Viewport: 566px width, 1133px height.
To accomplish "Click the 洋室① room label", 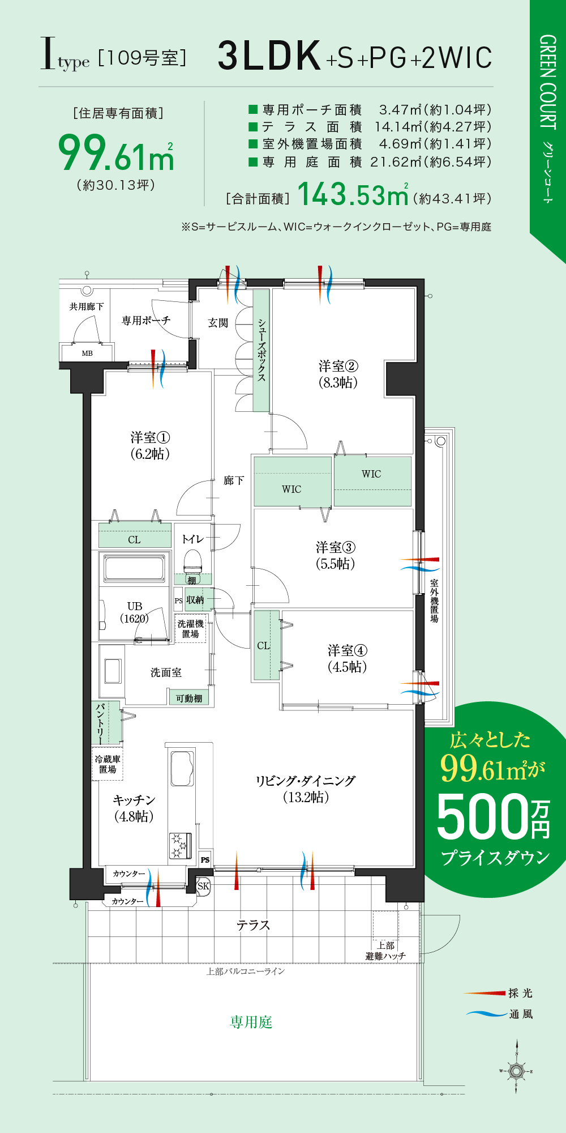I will (150, 445).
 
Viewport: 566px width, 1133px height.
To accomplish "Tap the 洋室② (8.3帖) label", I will (338, 374).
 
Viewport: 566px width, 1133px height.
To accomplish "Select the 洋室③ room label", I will (336, 555).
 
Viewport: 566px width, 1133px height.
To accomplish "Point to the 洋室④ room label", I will (347, 658).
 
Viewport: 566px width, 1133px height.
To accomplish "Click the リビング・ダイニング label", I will (306, 789).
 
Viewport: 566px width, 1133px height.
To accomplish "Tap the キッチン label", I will (134, 808).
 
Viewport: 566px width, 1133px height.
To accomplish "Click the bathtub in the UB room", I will (134, 568).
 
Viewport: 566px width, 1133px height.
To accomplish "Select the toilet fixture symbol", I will (192, 561).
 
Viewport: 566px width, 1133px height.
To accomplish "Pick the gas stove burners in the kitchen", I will (180, 845).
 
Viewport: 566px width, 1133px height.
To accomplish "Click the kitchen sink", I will (182, 768).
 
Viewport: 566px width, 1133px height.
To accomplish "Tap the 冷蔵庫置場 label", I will (108, 764).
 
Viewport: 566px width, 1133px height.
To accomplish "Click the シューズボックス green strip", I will (261, 350).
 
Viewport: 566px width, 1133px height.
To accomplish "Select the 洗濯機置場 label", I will (191, 628).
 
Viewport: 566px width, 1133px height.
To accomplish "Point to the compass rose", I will (516, 1071).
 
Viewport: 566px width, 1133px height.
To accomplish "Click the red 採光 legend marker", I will (485, 993).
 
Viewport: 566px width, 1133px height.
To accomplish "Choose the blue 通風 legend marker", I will (486, 1013).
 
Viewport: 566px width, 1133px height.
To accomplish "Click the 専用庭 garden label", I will (251, 1022).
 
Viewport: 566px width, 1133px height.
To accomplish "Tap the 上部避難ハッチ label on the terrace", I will (386, 951).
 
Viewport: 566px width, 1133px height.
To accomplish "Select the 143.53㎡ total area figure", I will (352, 194).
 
